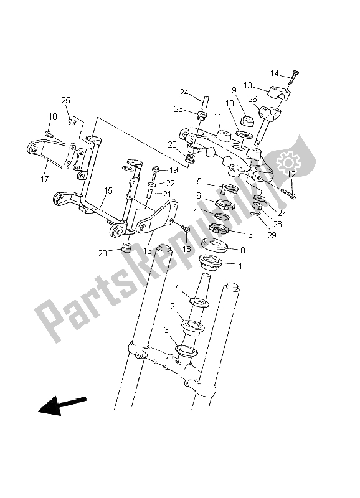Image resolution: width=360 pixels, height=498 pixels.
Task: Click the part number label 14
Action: tap(275, 73)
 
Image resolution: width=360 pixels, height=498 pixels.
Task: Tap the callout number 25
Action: tap(65, 100)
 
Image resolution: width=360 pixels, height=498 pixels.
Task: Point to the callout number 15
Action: tap(108, 190)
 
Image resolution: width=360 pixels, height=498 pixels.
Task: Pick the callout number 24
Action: tap(184, 93)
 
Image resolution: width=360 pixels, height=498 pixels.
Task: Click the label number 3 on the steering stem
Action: tap(166, 329)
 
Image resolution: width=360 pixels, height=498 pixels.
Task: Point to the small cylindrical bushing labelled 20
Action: tap(128, 250)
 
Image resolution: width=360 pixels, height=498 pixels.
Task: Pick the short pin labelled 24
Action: tap(202, 99)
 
